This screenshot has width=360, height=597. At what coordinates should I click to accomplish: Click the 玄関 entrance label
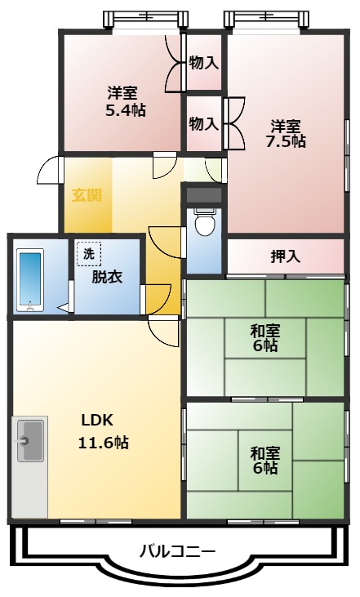[x=86, y=196]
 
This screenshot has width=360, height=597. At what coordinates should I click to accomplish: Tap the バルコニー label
[x=177, y=551]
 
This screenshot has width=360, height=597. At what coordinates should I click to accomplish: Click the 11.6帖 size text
[x=104, y=443]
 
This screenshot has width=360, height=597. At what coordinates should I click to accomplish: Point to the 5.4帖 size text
[x=125, y=110]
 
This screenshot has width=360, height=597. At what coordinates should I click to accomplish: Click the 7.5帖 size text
[x=286, y=141]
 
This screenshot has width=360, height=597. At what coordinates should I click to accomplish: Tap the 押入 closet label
[x=285, y=256]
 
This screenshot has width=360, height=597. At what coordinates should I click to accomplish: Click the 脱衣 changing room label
[x=106, y=276]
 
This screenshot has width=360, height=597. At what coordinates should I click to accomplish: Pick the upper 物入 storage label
[x=203, y=61]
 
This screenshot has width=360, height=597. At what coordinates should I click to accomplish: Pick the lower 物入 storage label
[x=203, y=123]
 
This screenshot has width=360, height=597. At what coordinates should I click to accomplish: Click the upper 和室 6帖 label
[x=264, y=338]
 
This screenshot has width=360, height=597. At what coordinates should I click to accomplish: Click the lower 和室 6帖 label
[x=264, y=460]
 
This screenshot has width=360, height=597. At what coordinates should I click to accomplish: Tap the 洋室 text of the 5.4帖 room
[x=125, y=92]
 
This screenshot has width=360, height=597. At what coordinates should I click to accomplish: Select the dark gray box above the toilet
[x=203, y=194]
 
